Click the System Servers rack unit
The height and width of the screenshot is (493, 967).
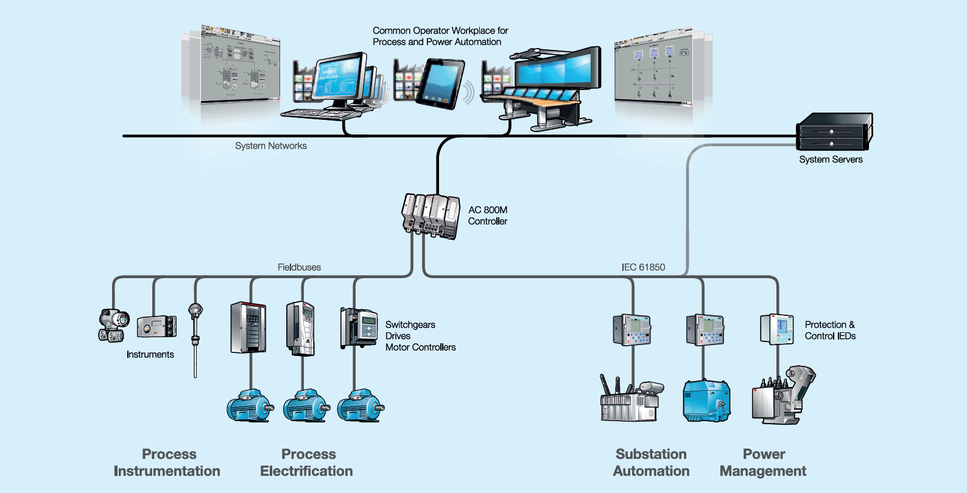click(834, 131)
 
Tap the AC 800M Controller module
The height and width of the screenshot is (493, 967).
click(431, 215)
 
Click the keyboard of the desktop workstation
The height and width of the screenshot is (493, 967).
click(317, 113)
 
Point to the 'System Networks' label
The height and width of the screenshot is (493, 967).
click(271, 146)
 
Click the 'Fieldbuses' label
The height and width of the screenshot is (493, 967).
click(299, 267)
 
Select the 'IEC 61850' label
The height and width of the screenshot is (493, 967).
click(643, 267)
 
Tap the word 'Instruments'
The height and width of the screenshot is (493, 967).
click(150, 354)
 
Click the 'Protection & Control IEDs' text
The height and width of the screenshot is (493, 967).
click(830, 330)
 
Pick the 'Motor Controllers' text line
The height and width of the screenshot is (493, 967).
click(420, 348)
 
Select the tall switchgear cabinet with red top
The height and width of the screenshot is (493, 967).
click(248, 327)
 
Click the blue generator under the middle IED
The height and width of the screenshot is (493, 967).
click(706, 401)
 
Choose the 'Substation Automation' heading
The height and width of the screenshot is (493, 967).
click(651, 463)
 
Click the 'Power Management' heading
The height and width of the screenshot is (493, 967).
click(763, 463)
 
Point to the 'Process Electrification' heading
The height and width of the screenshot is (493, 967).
click(307, 463)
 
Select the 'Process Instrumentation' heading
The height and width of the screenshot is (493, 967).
click(167, 463)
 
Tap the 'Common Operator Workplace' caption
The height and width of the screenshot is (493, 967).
click(440, 36)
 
